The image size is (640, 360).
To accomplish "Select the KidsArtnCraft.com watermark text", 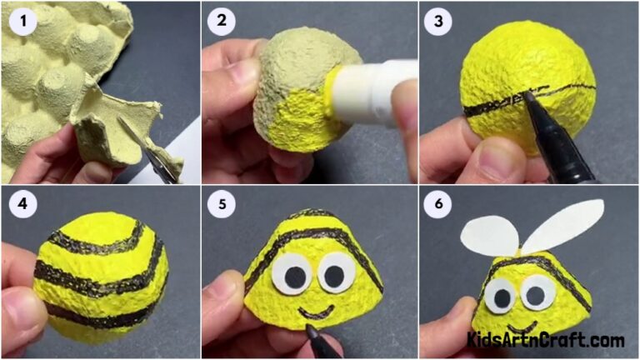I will coord(546,340).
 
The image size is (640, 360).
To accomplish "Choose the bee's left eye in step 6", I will coord(502,295).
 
